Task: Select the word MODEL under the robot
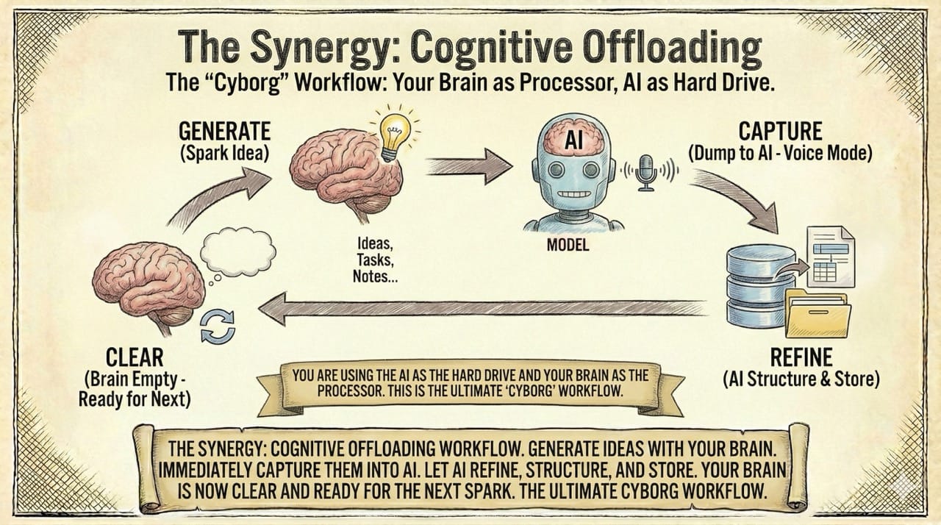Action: point(568,245)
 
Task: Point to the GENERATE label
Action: point(225,132)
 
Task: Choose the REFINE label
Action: point(800,358)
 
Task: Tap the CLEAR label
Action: point(135,358)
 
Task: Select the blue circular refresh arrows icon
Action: point(218,326)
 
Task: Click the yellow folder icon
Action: point(817,312)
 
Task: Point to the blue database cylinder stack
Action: point(749,287)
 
